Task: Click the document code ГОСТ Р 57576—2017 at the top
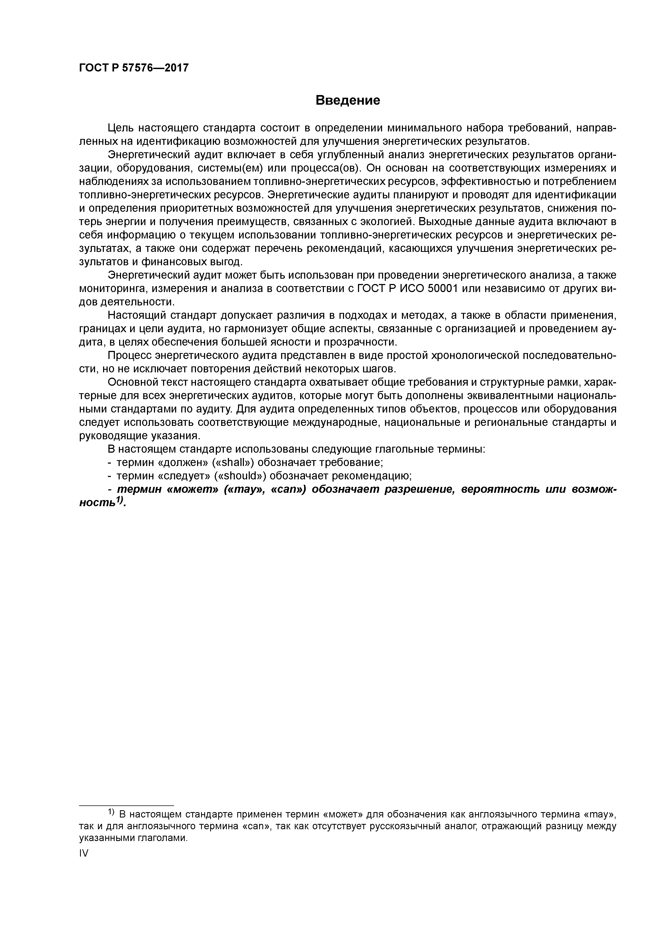pos(134,68)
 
